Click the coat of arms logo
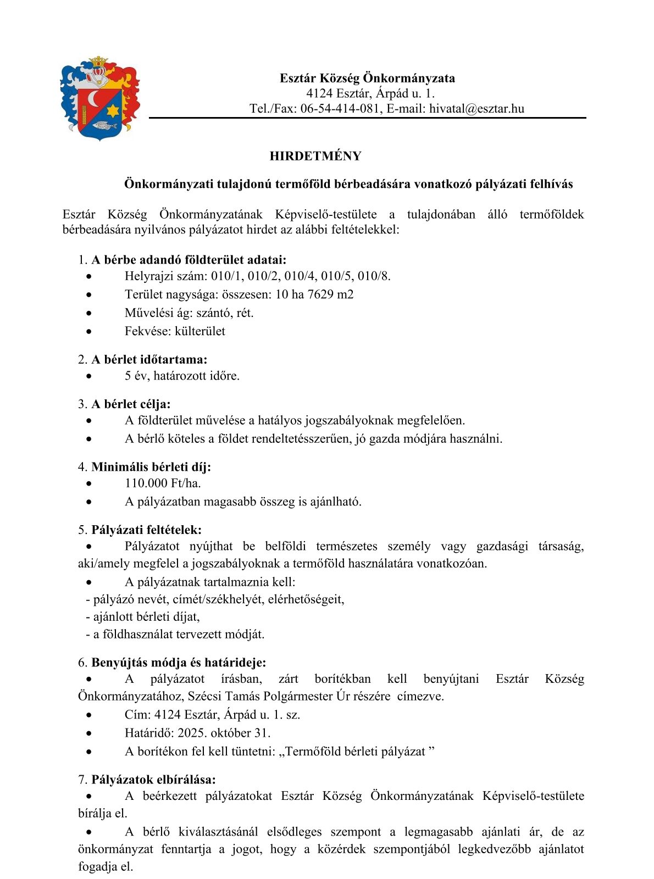[99, 98]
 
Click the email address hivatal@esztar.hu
[476, 108]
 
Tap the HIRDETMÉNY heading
[315, 156]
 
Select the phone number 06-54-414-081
[340, 108]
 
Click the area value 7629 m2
[330, 294]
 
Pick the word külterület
[200, 331]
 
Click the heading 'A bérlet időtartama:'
[149, 360]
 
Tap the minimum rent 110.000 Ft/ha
[163, 483]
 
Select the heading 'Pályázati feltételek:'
[146, 530]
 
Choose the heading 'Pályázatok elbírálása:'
[153, 780]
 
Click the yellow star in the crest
[113, 110]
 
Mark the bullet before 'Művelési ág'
[89, 313]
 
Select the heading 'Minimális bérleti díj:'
[151, 467]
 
